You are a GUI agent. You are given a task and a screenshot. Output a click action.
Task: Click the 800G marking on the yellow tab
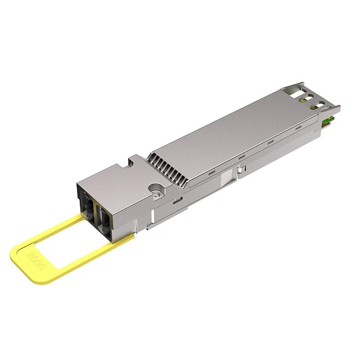[36, 261]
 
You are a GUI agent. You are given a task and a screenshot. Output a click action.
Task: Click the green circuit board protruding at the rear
[327, 119]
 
